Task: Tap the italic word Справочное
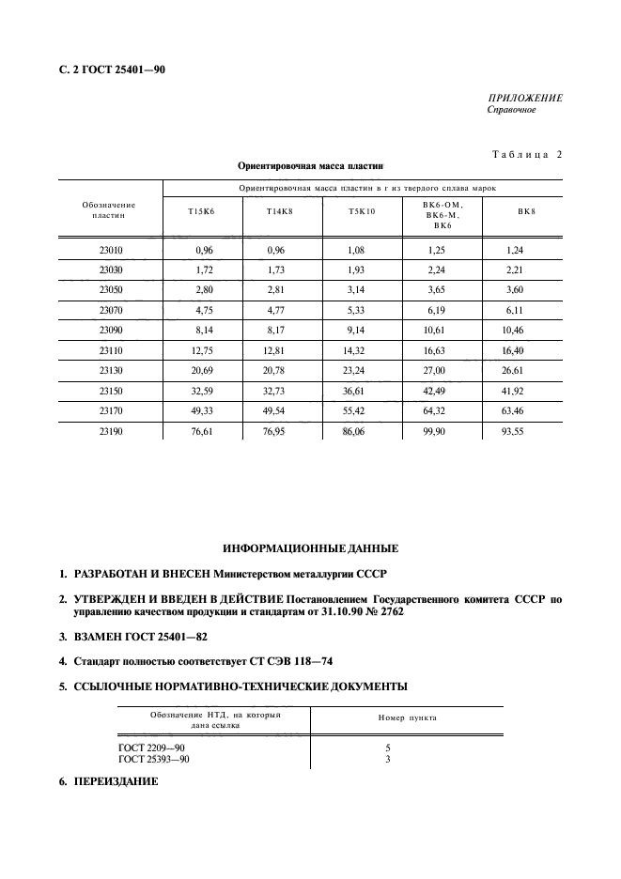click(511, 110)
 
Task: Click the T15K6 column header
click(201, 212)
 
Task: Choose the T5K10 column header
click(362, 212)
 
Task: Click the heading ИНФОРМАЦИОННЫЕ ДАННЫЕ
click(310, 547)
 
